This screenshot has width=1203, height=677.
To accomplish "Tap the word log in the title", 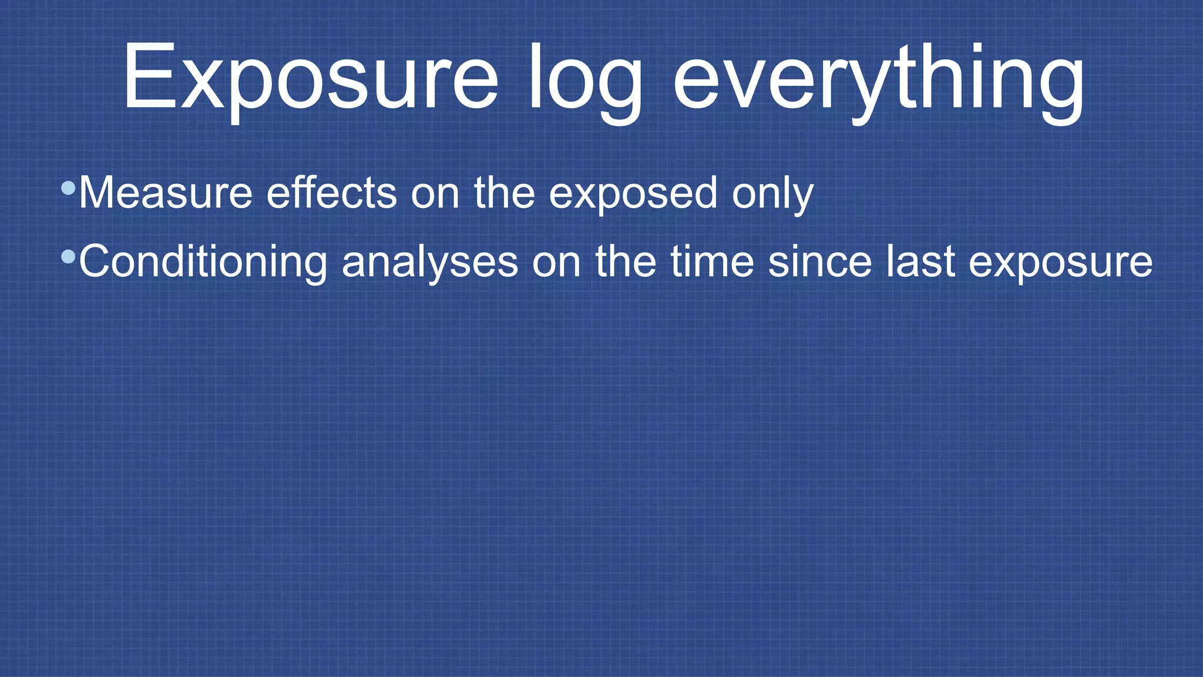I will (x=585, y=79).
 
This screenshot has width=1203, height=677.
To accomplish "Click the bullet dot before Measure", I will (x=68, y=188).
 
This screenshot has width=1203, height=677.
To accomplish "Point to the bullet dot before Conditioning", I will (x=68, y=257).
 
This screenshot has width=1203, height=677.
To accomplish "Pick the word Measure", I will (x=166, y=193).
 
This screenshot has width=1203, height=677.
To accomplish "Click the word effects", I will (x=332, y=193).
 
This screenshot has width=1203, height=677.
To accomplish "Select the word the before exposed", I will (x=505, y=193).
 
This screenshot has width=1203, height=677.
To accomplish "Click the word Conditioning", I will (x=203, y=262).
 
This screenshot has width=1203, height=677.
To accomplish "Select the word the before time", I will (x=626, y=262).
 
